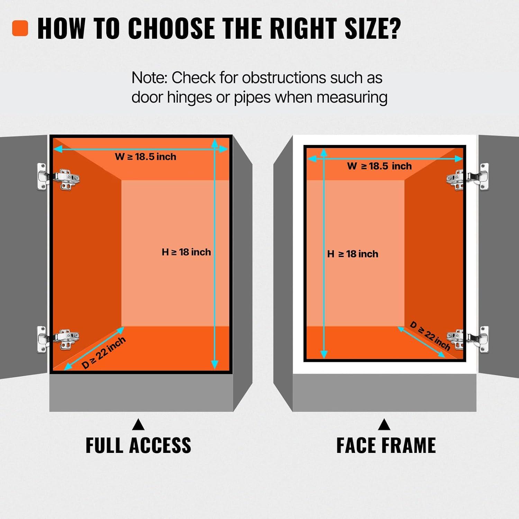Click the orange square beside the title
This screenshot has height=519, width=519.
[20, 28]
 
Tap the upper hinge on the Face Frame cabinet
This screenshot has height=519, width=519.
[468, 176]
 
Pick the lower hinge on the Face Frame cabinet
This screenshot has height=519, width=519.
[468, 339]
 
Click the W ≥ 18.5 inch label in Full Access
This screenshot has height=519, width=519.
[146, 157]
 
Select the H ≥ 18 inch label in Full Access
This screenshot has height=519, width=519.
[186, 252]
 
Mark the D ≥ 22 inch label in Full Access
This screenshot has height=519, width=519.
[103, 353]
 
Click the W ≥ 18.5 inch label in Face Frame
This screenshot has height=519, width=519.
[380, 166]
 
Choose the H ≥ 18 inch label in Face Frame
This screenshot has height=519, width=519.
[353, 254]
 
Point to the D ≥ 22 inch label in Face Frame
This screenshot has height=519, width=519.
[430, 336]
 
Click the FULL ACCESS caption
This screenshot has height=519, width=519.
[138, 445]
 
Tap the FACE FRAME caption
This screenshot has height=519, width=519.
[386, 445]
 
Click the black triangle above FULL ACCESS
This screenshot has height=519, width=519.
[138, 425]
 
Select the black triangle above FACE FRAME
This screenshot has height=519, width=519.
[384, 425]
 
